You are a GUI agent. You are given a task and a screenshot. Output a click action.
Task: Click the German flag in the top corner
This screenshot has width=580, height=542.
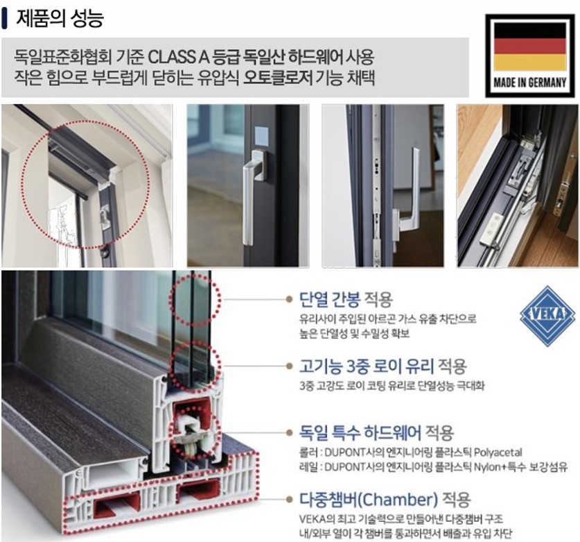click(x=530, y=46)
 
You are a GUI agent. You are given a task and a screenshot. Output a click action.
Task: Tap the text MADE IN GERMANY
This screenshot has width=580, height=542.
click(x=530, y=83)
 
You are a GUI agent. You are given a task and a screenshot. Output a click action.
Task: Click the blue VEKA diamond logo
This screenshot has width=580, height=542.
click(x=548, y=316)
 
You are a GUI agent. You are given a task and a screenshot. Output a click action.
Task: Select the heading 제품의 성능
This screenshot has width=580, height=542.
click(x=60, y=18)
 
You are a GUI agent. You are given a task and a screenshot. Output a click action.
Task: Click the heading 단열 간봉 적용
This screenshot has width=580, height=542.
click(x=346, y=299)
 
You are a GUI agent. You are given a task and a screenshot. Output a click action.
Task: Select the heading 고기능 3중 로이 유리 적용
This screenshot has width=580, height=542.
click(x=383, y=366)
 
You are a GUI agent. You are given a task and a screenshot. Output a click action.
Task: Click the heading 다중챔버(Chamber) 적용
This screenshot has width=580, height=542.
click(x=385, y=500)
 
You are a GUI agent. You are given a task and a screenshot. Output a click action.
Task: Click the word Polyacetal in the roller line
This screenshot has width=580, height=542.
click(x=498, y=452)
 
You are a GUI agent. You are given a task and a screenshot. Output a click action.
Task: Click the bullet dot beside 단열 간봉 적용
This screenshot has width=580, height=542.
click(x=290, y=299)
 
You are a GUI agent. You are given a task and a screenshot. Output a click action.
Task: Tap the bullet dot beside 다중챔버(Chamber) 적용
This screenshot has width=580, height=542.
click(x=290, y=500)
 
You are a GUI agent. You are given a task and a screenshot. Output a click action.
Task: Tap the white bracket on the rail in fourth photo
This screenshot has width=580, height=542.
click(x=491, y=231)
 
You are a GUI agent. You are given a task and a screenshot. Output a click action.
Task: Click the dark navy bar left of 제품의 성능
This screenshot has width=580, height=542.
click(x=4, y=19)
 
